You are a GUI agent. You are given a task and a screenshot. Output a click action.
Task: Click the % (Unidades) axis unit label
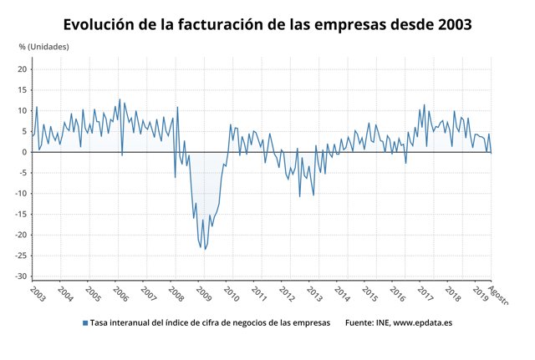[x=44, y=47]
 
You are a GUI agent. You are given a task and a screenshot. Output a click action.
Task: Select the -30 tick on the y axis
[x=22, y=276]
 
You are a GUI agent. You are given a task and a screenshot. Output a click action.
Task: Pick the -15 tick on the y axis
[x=22, y=214]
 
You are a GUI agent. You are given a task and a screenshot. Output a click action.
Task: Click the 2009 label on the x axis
[x=203, y=293]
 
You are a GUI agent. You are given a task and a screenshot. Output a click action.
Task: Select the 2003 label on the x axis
[x=37, y=293]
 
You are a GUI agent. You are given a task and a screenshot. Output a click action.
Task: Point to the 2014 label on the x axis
[x=342, y=293]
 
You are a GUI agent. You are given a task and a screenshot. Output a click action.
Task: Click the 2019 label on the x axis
[x=481, y=293]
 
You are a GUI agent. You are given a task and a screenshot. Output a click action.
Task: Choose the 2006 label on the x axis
[x=120, y=293]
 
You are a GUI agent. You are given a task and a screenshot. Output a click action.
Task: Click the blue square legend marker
[x=84, y=322]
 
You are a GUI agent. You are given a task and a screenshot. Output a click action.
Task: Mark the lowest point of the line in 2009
[x=203, y=249]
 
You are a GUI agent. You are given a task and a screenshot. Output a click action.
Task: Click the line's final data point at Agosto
[x=491, y=152]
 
